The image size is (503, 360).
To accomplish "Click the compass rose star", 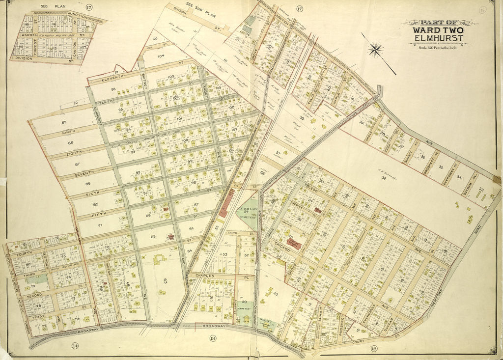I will pyautogui.click(x=376, y=49).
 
